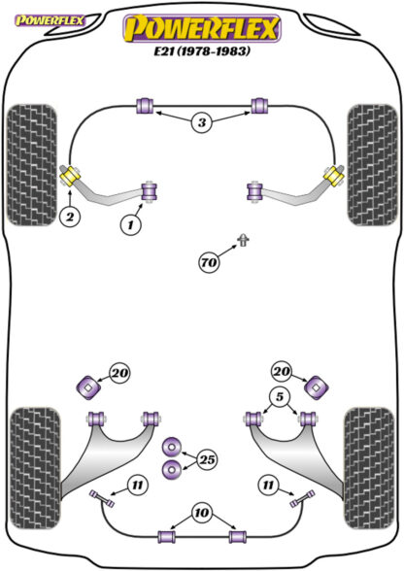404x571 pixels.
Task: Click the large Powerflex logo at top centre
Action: click(202, 28)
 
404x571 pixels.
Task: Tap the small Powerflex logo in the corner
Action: click(50, 20)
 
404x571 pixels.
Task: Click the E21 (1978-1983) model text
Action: click(202, 50)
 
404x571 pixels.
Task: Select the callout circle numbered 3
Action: click(202, 122)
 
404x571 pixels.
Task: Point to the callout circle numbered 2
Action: click(70, 218)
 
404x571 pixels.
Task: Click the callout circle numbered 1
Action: click(130, 224)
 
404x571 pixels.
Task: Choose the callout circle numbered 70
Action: click(209, 262)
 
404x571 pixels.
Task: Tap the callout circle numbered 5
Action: click(280, 396)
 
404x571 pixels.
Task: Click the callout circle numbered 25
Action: click(207, 459)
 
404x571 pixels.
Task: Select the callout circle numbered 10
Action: click(201, 513)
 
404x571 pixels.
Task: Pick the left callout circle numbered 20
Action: click(120, 373)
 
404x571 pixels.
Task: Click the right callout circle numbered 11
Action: click(268, 486)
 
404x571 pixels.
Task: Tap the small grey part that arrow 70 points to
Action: click(243, 240)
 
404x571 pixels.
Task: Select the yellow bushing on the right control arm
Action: click(333, 176)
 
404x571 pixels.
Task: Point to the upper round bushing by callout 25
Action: click(172, 446)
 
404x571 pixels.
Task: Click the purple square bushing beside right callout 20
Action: click(317, 387)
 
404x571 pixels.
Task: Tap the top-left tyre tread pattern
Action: click(32, 165)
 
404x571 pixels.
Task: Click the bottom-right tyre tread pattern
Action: click(370, 467)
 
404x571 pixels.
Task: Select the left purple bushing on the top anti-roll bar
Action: click(145, 106)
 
